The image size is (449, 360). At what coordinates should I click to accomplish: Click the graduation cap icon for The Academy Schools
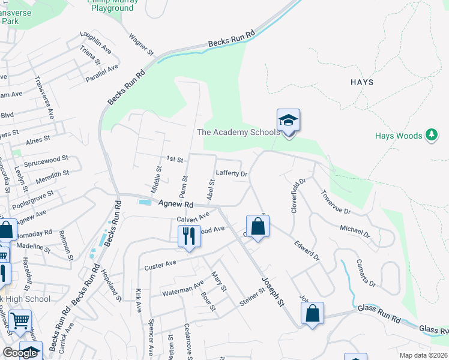[288, 121]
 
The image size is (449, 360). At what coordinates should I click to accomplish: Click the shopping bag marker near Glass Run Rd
[312, 313]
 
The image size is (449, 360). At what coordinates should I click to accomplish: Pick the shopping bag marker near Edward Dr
[258, 227]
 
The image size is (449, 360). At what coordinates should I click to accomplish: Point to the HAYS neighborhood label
[362, 82]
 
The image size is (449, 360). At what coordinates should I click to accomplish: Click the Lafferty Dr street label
[232, 173]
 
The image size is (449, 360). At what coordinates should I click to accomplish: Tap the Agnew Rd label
[175, 205]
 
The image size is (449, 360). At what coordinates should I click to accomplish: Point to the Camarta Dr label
[366, 273]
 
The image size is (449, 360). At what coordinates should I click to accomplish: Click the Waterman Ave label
[183, 288]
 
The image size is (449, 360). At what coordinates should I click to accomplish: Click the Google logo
[19, 353]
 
